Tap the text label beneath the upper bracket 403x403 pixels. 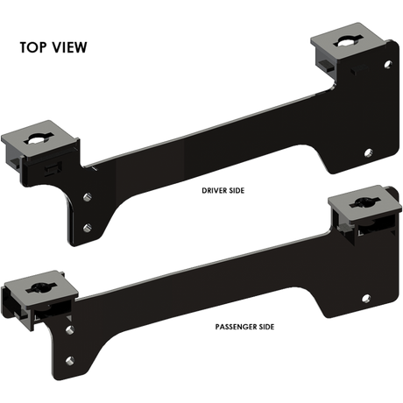pos(220,188)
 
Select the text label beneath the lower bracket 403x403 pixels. pos(244,327)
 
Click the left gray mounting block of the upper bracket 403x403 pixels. pos(40,144)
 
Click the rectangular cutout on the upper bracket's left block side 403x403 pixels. pos(53,163)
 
